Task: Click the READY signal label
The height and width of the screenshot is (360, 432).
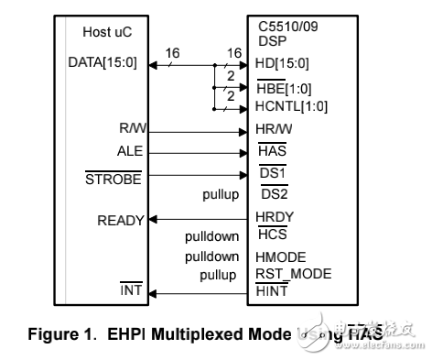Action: pyautogui.click(x=121, y=221)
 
